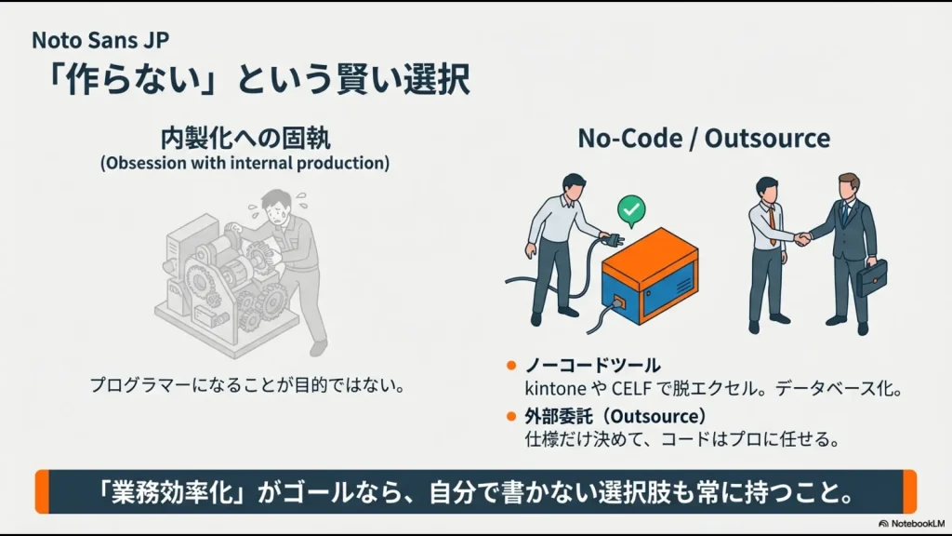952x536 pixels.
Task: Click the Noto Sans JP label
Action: click(x=100, y=40)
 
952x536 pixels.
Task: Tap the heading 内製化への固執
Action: click(x=245, y=140)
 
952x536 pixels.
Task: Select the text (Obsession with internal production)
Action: click(x=245, y=163)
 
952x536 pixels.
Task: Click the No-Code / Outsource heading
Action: click(x=704, y=139)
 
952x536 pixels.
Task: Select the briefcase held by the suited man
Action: click(x=871, y=276)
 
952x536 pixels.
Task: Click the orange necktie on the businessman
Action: click(x=771, y=226)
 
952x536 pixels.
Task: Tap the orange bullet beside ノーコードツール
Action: click(x=511, y=365)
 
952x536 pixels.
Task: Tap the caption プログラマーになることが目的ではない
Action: click(x=247, y=384)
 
